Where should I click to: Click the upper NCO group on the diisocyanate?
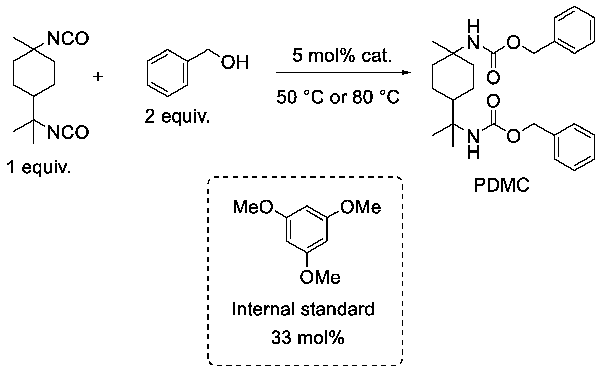[68, 39]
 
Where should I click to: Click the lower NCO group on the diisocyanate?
[68, 132]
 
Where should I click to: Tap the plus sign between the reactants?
[98, 77]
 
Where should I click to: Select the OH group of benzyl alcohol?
[235, 62]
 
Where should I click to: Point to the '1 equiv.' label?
[38, 167]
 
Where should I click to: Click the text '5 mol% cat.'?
[342, 56]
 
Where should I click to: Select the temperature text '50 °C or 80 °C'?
[338, 98]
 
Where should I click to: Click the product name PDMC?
[501, 185]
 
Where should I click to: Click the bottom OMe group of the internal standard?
[320, 277]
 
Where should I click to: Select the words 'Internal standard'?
[303, 309]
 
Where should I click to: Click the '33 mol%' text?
[308, 338]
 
